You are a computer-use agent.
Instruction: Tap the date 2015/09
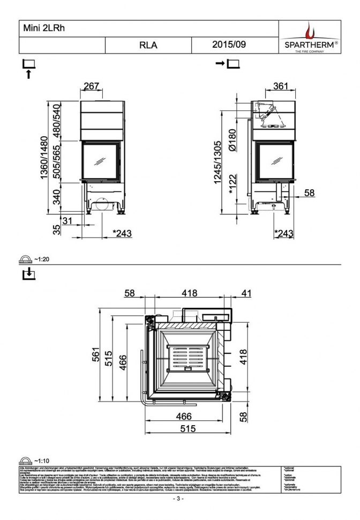229,45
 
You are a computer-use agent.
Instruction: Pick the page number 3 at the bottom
179,499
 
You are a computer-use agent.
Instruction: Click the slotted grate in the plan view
187,359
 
